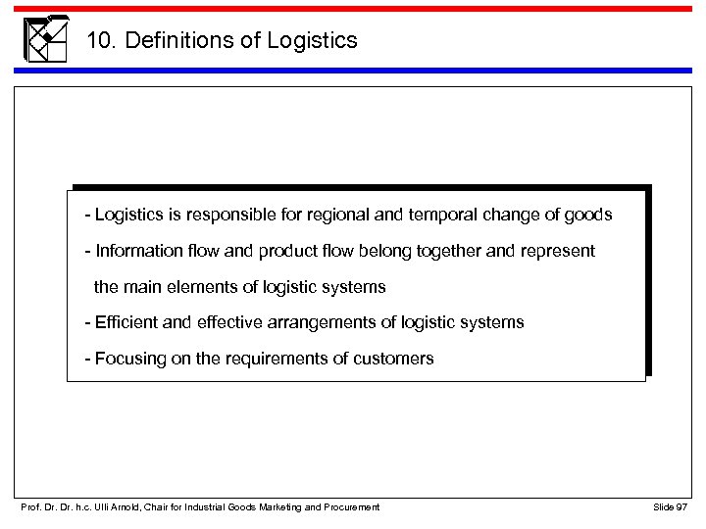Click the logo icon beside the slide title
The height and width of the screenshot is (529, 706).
click(45, 39)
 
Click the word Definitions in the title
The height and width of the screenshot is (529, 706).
click(163, 41)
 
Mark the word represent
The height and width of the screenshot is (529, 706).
click(559, 251)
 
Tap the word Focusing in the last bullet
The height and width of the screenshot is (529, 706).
click(126, 359)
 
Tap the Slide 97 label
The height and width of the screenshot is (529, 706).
click(669, 505)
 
